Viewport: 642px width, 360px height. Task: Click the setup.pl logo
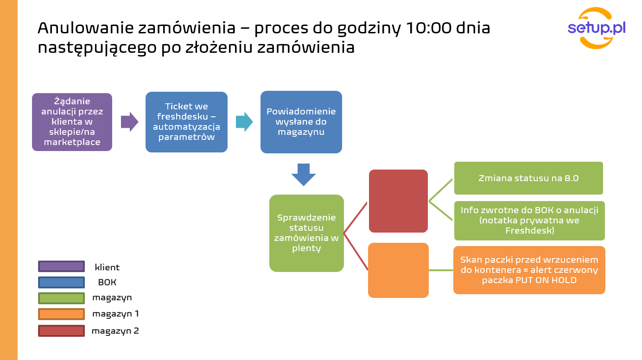pos(597,28)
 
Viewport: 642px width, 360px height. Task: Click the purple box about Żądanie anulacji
pos(72,122)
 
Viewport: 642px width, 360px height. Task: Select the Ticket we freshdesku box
pos(187,122)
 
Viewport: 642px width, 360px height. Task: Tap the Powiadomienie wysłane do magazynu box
pos(301,122)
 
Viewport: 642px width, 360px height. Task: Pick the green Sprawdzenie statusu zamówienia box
pos(306,233)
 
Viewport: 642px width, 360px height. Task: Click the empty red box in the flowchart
pos(398,201)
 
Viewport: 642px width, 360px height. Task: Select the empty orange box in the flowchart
pos(398,271)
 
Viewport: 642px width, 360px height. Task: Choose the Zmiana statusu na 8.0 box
pos(528,178)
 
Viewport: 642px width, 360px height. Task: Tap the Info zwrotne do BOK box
pos(529,221)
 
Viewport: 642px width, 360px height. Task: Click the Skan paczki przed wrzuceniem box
pos(529,270)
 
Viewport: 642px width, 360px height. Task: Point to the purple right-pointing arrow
pos(129,122)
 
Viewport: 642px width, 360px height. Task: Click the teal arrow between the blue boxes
pos(244,122)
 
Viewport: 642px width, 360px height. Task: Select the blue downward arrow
pos(304,175)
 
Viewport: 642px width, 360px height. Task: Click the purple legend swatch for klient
pos(61,266)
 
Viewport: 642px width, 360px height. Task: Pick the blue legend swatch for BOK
pos(61,282)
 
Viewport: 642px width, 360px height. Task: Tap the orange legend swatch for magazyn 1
pos(61,314)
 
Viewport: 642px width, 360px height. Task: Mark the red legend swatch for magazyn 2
pos(61,331)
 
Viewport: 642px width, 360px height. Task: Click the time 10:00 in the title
pos(429,28)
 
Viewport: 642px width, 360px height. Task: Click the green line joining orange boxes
pos(441,270)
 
